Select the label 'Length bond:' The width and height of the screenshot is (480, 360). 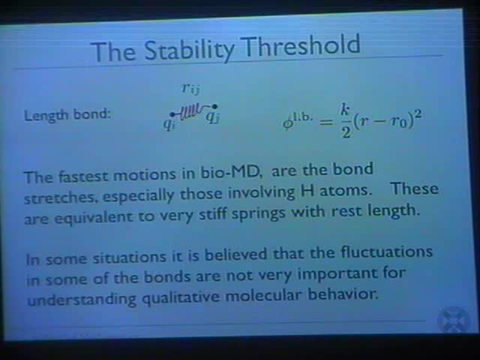click(67, 115)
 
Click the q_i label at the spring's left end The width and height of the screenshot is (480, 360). click(169, 122)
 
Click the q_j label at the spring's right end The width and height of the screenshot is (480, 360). click(214, 117)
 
